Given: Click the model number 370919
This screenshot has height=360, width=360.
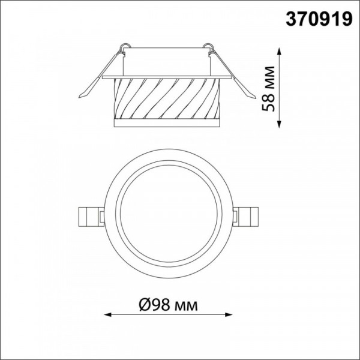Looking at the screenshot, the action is [319, 19].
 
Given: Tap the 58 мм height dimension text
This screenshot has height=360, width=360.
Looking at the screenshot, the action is [268, 89].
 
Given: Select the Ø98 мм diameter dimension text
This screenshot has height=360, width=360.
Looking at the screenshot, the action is [168, 305].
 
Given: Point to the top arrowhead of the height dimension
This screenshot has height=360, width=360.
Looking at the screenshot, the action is [279, 51].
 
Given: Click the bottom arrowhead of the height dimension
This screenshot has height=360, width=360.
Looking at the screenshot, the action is [279, 124].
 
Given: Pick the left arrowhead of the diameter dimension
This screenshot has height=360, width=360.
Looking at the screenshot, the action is [107, 314].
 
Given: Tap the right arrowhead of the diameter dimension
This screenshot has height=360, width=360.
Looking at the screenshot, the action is [229, 314].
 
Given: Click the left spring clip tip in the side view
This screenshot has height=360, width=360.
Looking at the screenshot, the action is [80, 97].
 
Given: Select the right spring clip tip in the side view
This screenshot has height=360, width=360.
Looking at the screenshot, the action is [254, 97].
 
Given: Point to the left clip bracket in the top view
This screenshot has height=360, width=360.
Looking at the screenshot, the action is [91, 217].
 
